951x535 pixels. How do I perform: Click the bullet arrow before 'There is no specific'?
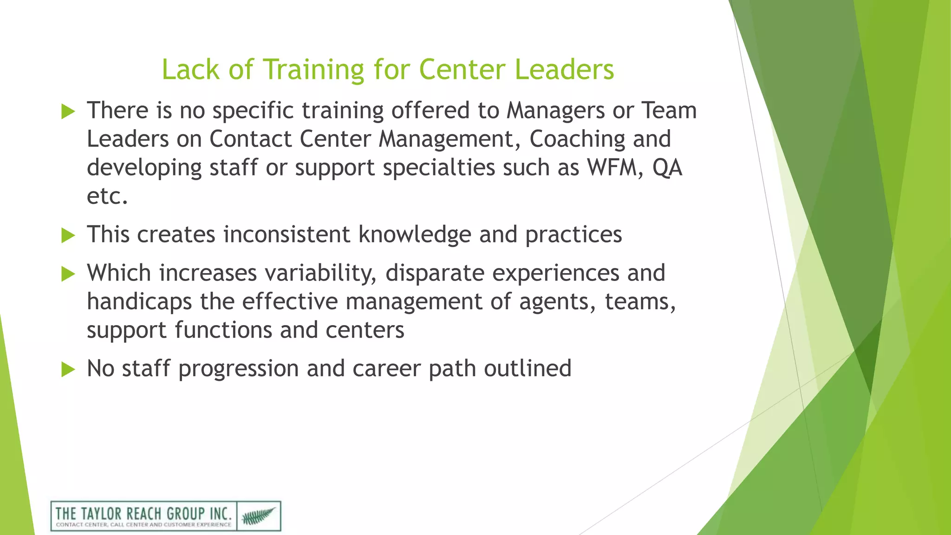click(x=68, y=111)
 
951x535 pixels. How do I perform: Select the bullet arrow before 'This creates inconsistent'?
click(x=68, y=235)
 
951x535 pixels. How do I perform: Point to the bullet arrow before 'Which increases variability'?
click(x=68, y=274)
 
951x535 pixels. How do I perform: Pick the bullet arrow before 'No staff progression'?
click(x=68, y=370)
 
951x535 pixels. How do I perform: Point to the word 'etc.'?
click(x=107, y=196)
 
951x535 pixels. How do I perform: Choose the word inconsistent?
click(x=287, y=235)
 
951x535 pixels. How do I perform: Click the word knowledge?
click(x=415, y=235)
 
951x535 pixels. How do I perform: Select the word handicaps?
click(x=139, y=302)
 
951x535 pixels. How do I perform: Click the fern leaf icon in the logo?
click(x=259, y=516)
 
